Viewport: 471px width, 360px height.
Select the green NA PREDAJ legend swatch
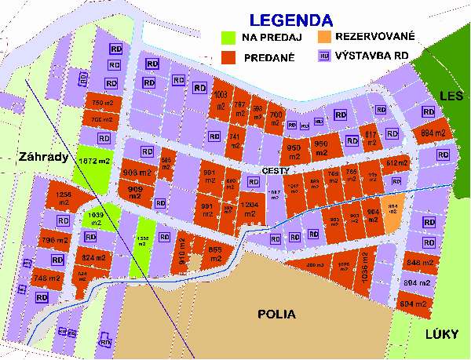point(228,37)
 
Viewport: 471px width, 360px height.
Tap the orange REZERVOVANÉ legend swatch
point(323,37)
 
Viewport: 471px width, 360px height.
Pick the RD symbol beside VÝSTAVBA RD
point(323,56)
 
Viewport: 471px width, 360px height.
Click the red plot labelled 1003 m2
point(221,101)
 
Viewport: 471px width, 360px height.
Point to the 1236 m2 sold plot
point(63,198)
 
